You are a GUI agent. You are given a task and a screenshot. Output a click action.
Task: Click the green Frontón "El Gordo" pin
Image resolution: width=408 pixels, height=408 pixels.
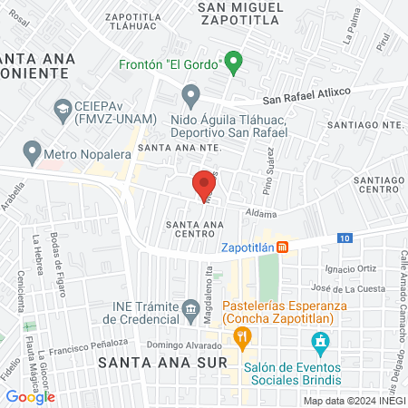(233, 63)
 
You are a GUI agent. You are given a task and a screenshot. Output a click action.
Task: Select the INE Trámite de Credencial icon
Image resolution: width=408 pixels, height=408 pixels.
(191, 312)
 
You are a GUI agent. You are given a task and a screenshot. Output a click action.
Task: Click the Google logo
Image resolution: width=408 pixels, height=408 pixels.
(30, 396)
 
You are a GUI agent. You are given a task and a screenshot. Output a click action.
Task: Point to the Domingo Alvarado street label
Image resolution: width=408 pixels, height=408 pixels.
(185, 345)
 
